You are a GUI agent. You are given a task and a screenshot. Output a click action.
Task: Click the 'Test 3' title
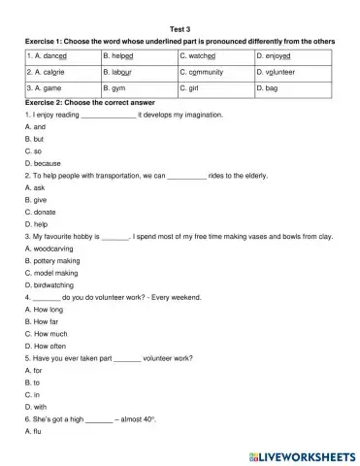(x=180, y=29)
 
